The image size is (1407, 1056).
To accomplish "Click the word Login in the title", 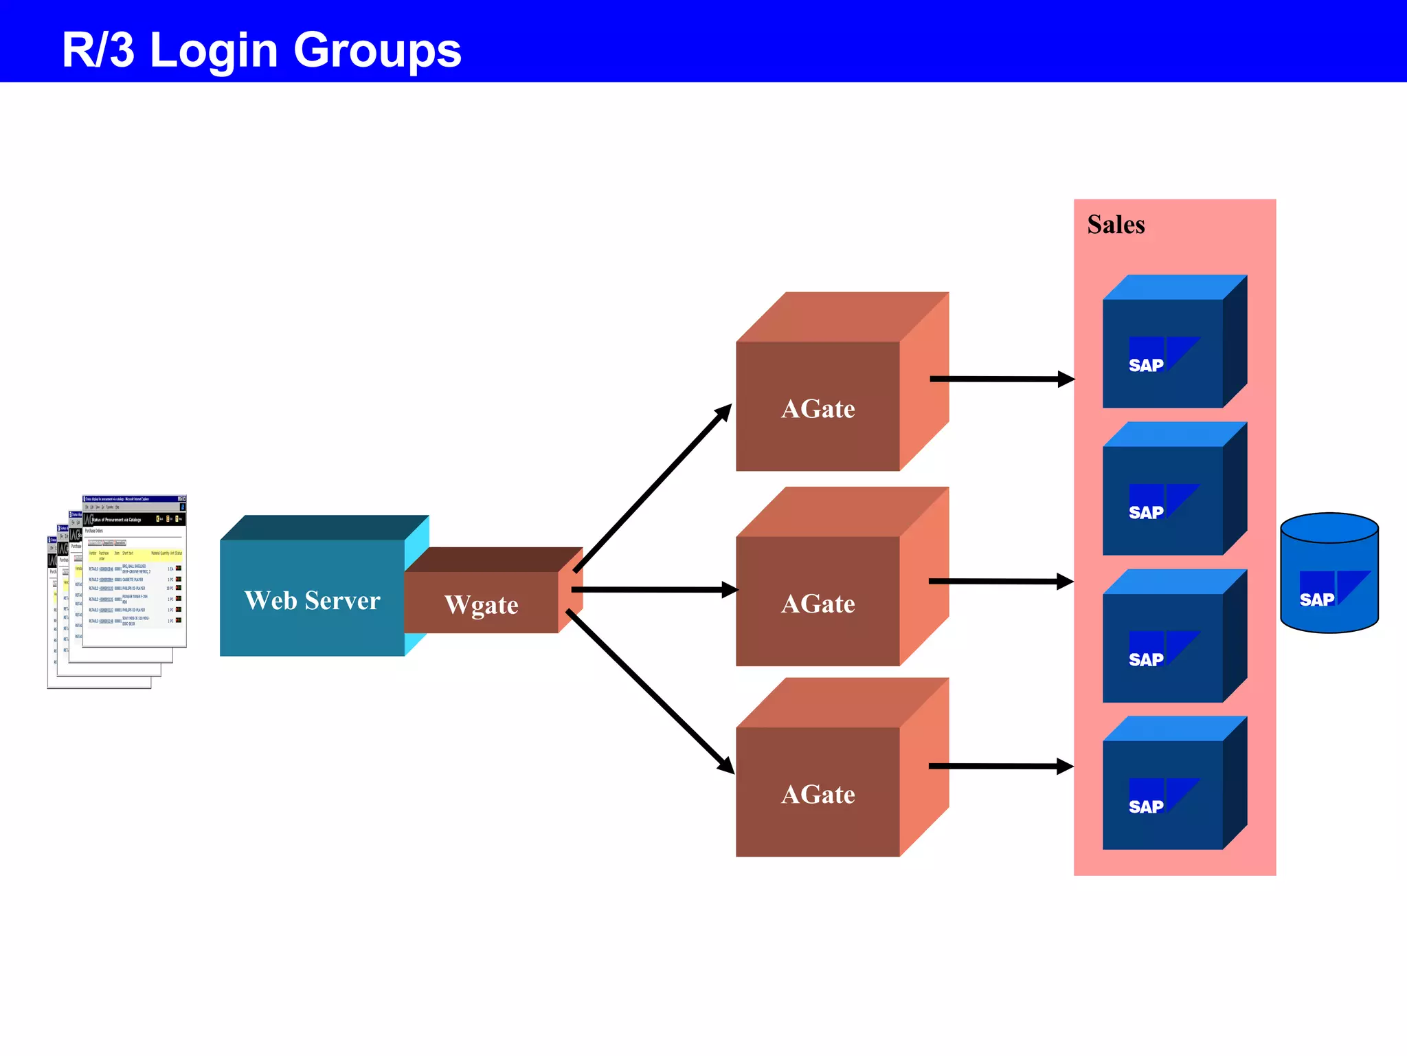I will (214, 51).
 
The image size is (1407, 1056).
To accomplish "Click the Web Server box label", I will (312, 600).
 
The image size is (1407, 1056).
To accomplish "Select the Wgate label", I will (481, 605).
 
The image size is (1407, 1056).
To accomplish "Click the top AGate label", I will (818, 409).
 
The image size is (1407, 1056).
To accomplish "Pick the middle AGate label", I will (818, 604).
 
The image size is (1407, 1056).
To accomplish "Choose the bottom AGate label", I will (818, 795).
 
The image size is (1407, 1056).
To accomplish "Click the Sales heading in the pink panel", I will (1116, 225).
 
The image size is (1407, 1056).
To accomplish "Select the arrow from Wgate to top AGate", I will (653, 488).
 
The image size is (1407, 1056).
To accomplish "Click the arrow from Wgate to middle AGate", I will (653, 590).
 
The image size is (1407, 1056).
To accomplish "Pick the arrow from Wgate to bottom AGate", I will (649, 690).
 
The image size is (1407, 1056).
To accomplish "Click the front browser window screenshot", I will (135, 571).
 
